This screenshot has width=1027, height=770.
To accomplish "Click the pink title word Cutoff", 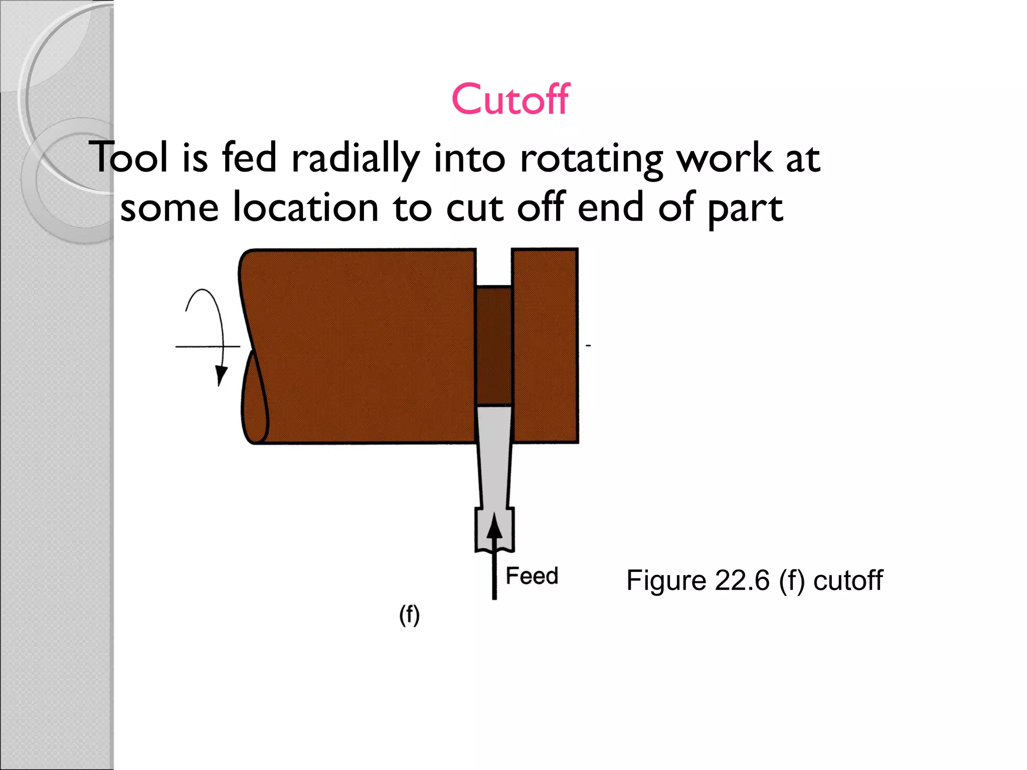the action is (510, 99).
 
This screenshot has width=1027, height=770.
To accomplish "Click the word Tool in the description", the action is (128, 157).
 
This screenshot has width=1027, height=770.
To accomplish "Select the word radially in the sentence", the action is (355, 158).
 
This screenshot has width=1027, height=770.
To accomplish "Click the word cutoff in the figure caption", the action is (847, 581).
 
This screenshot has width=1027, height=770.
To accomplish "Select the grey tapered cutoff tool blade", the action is (494, 451).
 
